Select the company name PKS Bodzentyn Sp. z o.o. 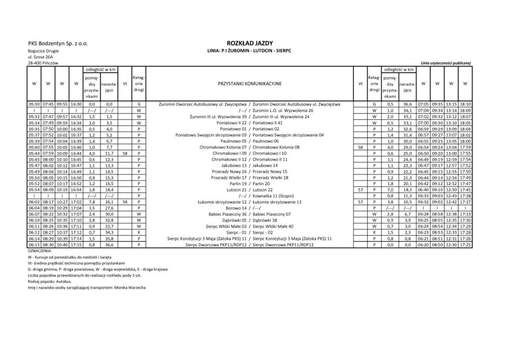click(59, 44)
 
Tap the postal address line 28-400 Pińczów click(44, 63)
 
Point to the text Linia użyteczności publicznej click(445, 63)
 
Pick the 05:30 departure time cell click(34, 104)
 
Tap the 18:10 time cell click(465, 104)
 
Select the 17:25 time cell click(465, 245)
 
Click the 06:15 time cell click(34, 245)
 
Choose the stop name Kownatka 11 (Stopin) click(272, 196)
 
